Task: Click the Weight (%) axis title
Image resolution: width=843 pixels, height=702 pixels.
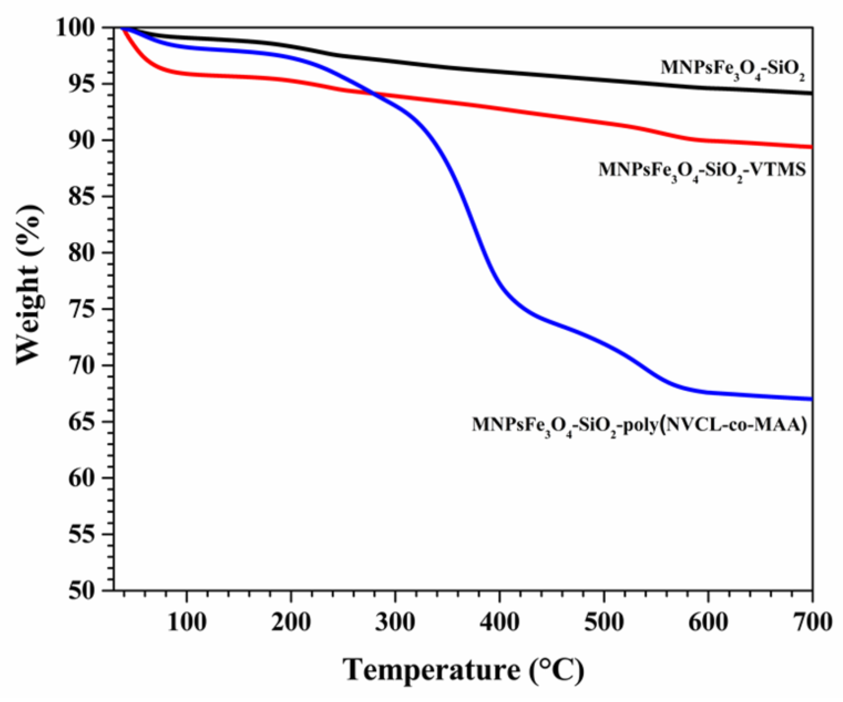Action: [30, 285]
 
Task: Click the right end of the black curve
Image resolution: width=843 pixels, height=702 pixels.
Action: [812, 93]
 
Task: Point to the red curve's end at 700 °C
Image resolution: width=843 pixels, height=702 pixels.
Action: [812, 147]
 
